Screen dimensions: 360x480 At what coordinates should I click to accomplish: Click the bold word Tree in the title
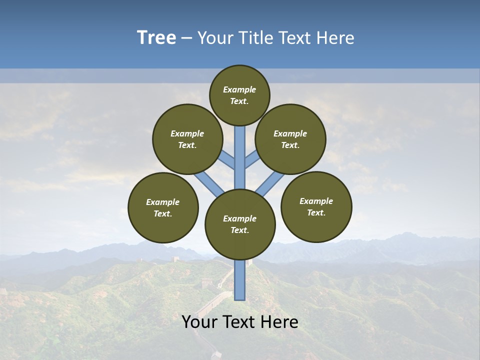click(x=156, y=38)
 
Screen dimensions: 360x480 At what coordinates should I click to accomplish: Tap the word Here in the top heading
click(x=336, y=38)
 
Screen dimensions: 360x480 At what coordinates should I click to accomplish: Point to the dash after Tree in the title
click(x=186, y=38)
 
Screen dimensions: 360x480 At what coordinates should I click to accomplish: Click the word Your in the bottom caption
click(x=199, y=322)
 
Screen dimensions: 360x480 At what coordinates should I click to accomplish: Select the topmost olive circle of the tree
click(x=239, y=95)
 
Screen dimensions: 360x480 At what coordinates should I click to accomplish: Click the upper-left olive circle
click(x=187, y=139)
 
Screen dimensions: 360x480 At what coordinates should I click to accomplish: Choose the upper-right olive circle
click(x=290, y=139)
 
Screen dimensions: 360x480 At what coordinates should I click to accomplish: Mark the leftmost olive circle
click(x=163, y=207)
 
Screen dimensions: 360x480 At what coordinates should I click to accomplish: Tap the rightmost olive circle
click(x=316, y=206)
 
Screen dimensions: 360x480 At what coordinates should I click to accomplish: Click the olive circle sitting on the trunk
click(x=240, y=224)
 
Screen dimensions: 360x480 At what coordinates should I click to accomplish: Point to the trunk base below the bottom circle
click(x=240, y=280)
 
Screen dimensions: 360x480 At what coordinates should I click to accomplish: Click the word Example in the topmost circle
click(x=239, y=89)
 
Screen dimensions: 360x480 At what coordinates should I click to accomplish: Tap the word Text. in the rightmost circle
click(x=316, y=212)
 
